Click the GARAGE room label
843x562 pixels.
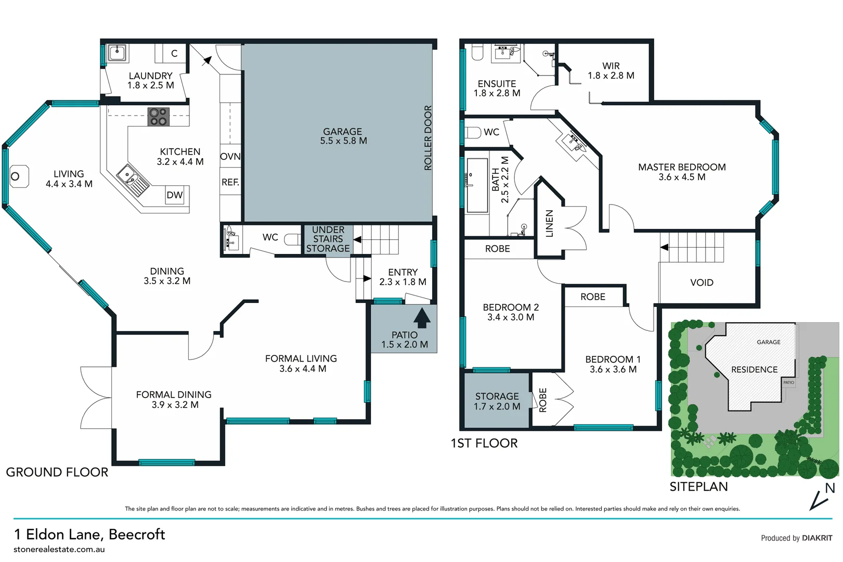pyautogui.click(x=343, y=136)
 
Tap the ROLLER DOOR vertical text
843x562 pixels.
pyautogui.click(x=428, y=138)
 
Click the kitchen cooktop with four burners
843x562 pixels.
pyautogui.click(x=158, y=117)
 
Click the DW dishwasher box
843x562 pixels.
pyautogui.click(x=175, y=195)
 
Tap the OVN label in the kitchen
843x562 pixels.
pyautogui.click(x=230, y=156)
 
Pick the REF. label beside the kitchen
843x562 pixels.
pyautogui.click(x=230, y=182)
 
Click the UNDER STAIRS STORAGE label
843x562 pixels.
pyautogui.click(x=328, y=239)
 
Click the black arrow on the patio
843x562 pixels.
pyautogui.click(x=422, y=318)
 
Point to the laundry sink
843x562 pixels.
pyautogui.click(x=117, y=53)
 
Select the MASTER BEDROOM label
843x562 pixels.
pyautogui.click(x=682, y=172)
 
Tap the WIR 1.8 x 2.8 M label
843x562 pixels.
pyautogui.click(x=611, y=71)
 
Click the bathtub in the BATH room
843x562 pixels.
pyautogui.click(x=477, y=186)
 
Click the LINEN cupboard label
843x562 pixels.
pyautogui.click(x=549, y=223)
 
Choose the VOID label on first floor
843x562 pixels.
pyautogui.click(x=702, y=283)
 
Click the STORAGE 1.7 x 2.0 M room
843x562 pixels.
pyautogui.click(x=497, y=401)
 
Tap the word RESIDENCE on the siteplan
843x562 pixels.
pyautogui.click(x=754, y=369)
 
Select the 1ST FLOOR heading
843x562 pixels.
pyautogui.click(x=484, y=443)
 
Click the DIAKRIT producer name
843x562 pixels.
pyautogui.click(x=817, y=538)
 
